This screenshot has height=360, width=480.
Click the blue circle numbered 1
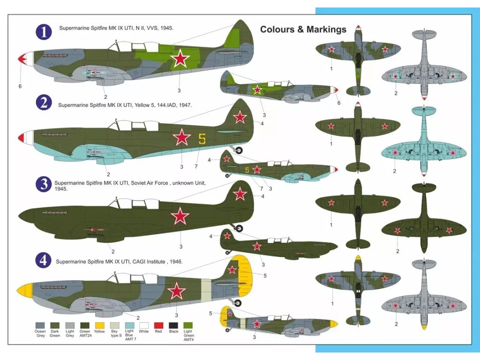[x=44, y=32]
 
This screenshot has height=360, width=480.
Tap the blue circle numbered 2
[x=44, y=102]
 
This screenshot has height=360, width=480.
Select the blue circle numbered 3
[x=44, y=184]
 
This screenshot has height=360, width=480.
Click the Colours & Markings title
[x=303, y=30]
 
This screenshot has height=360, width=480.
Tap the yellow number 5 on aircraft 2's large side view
[x=202, y=139]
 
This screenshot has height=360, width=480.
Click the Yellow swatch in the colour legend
[x=99, y=325]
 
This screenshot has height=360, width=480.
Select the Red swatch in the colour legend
[x=158, y=325]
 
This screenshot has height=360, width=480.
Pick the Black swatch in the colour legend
[x=173, y=325]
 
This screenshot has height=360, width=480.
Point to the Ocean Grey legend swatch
[x=40, y=325]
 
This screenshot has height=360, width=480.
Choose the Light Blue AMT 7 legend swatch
[x=129, y=325]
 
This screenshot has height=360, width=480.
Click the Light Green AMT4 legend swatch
[x=188, y=325]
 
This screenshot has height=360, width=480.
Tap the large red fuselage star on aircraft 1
[x=180, y=60]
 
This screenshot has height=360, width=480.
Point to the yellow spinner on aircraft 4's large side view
[x=24, y=289]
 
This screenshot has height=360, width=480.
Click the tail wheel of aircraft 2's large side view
[x=239, y=150]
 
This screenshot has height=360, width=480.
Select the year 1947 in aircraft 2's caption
[x=185, y=105]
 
